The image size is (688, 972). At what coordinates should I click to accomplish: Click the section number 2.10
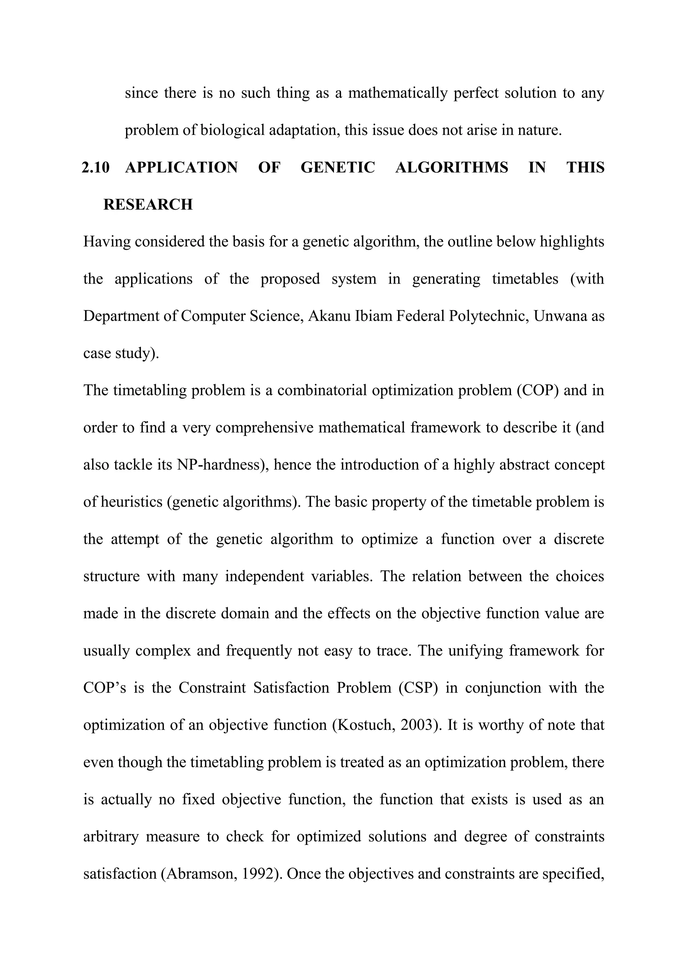pyautogui.click(x=95, y=167)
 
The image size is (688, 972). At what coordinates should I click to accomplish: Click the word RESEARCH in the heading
pyautogui.click(x=148, y=205)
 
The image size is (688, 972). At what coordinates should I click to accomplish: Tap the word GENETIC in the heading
pyautogui.click(x=338, y=167)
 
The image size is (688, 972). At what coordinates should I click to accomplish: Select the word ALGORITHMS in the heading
pyautogui.click(x=451, y=167)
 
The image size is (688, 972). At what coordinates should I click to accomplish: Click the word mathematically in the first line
pyautogui.click(x=397, y=93)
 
